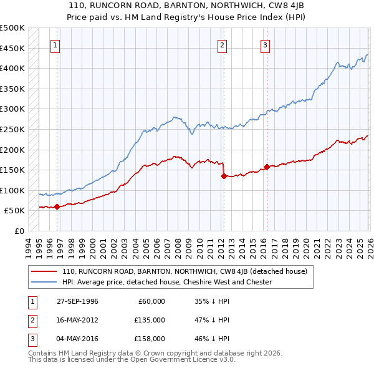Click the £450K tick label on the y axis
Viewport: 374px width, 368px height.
point(12,48)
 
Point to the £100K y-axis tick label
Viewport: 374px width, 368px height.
point(12,190)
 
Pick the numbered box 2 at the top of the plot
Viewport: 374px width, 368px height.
point(222,44)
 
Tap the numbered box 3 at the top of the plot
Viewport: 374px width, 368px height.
point(266,44)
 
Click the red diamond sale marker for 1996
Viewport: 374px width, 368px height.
point(57,206)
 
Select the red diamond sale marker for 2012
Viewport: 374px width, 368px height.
point(223,177)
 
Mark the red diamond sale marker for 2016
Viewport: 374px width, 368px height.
point(267,167)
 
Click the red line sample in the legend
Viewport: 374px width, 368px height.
point(44,271)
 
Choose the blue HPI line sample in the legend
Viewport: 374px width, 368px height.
point(44,282)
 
